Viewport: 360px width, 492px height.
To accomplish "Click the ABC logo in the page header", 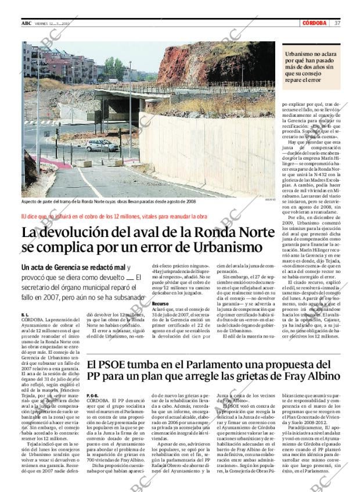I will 27,23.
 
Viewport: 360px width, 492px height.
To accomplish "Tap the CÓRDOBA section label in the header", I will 315,23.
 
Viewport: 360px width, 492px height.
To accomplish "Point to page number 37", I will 337,23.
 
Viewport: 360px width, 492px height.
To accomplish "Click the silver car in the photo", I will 102,145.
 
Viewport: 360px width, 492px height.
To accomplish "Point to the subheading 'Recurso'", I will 160,304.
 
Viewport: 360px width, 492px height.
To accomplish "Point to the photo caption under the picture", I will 109,201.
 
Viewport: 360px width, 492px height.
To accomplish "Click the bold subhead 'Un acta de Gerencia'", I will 73,267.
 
